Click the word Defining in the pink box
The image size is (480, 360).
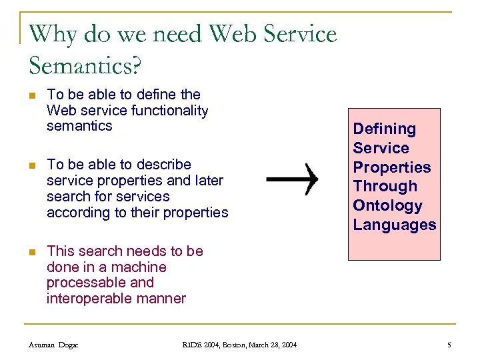[x=384, y=129]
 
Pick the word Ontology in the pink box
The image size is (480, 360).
[x=387, y=206]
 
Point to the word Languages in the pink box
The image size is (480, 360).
[x=395, y=225]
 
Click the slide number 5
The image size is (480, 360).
[x=449, y=345]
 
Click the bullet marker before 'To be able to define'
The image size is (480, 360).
[x=32, y=95]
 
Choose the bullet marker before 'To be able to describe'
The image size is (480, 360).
[x=32, y=165]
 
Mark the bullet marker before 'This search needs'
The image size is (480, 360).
[x=32, y=252]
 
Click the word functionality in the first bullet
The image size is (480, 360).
[x=170, y=111]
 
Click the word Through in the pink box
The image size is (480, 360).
[x=385, y=187]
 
